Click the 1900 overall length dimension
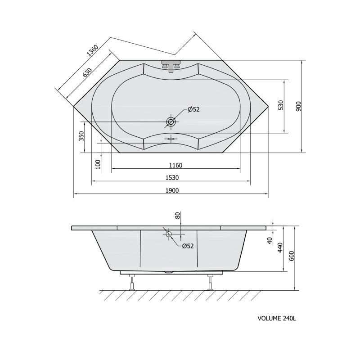(x=172, y=190)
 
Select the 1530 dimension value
(x=172, y=178)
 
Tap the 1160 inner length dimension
(x=175, y=165)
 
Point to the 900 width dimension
(x=298, y=106)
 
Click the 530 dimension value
(x=281, y=105)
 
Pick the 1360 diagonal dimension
(x=92, y=50)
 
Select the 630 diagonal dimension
(x=87, y=72)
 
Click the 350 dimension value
(x=81, y=136)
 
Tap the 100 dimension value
(x=98, y=164)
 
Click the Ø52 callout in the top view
(x=193, y=109)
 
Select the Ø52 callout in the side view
(x=188, y=246)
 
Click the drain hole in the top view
(x=171, y=121)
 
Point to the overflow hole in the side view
(x=169, y=234)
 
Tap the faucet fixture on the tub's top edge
(x=171, y=66)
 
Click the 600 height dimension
(x=292, y=256)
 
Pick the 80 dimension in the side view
(x=178, y=216)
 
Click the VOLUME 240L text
(x=277, y=319)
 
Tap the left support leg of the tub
(x=132, y=283)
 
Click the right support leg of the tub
(x=210, y=283)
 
